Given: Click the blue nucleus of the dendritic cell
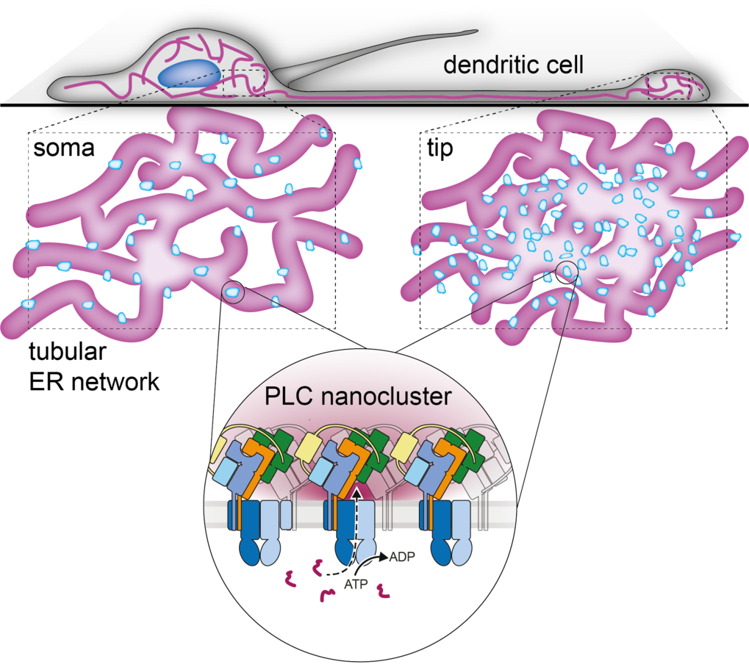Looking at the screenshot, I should [x=190, y=75].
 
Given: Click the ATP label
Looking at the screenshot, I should [x=355, y=586].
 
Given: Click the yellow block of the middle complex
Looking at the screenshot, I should [x=312, y=444].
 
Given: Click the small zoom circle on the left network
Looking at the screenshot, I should [x=232, y=293].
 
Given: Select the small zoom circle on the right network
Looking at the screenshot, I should [x=567, y=272].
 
